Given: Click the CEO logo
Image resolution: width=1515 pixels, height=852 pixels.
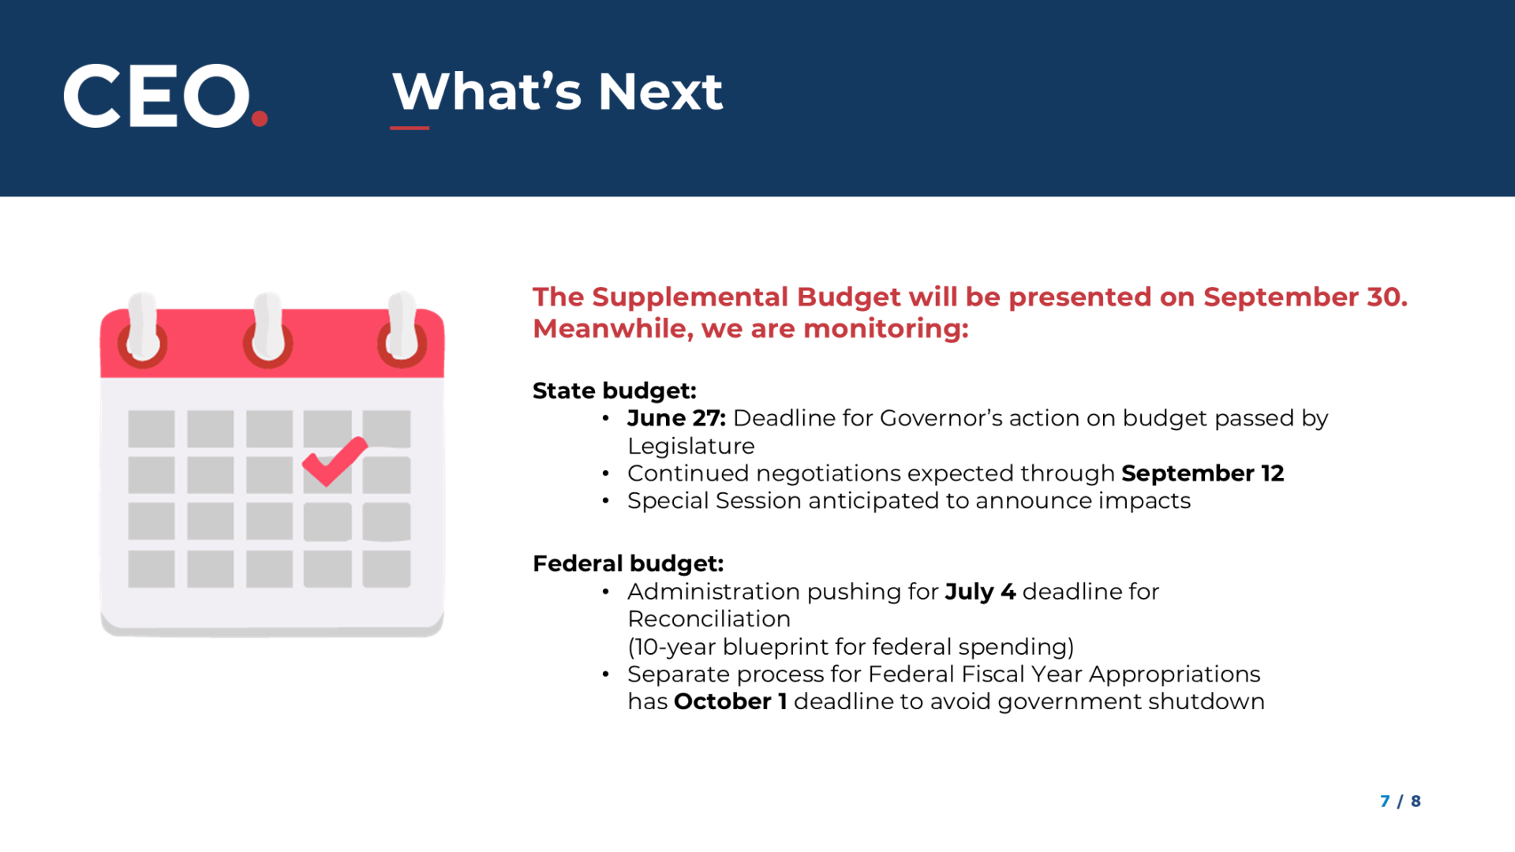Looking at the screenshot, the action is point(166,95).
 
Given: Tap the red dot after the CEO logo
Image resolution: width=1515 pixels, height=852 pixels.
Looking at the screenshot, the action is point(260,118).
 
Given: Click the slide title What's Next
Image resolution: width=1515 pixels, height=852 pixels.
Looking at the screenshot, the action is point(557,92).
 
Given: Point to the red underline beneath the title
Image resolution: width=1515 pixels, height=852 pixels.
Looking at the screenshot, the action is point(410,128).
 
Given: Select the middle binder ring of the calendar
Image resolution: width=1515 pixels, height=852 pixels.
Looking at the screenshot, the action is point(268,331).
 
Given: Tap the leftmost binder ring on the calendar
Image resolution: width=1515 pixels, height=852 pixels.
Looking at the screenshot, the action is point(143,331).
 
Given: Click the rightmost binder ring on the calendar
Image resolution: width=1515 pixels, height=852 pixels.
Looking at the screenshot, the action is point(402,331).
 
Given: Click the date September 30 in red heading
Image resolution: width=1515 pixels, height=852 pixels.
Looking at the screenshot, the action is point(1305,297).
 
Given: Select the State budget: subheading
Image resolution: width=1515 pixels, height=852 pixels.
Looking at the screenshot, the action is point(615,390).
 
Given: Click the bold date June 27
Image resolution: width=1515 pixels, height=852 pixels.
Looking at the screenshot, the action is point(676,418).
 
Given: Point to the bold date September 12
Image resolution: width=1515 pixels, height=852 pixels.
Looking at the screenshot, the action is point(1203,473).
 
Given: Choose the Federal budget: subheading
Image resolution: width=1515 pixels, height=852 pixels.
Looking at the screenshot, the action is point(628,563).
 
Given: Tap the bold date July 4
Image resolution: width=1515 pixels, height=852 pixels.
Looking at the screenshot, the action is point(980,592).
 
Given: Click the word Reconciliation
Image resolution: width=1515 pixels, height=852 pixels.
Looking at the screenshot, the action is point(709,619).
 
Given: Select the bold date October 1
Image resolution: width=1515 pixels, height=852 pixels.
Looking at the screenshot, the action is point(730,701).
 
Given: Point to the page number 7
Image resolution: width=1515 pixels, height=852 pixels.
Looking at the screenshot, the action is point(1385,802).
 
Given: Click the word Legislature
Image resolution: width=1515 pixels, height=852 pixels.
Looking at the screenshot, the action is point(691,447).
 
